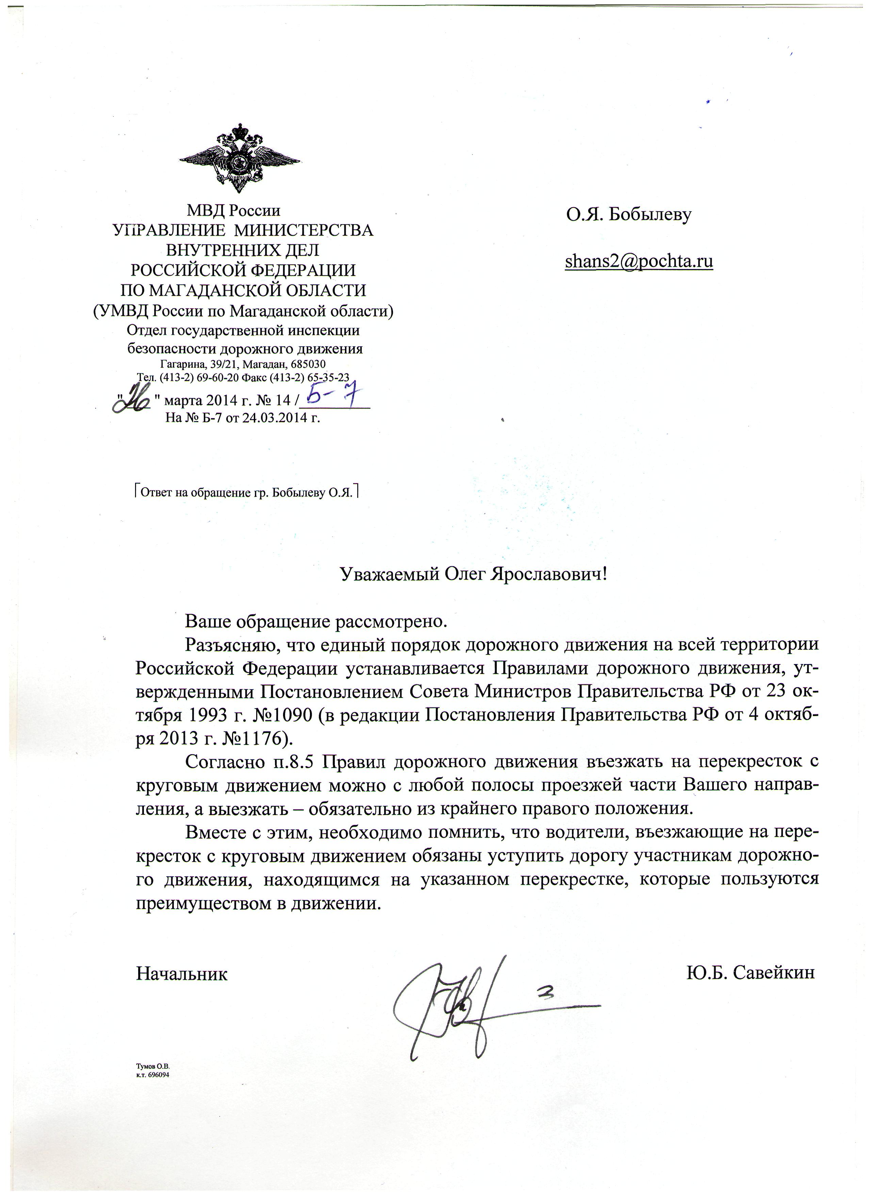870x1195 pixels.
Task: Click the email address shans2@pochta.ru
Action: pyautogui.click(x=639, y=261)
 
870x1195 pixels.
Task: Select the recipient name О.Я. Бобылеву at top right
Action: pyautogui.click(x=629, y=215)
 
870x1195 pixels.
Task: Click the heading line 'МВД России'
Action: pyautogui.click(x=233, y=211)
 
